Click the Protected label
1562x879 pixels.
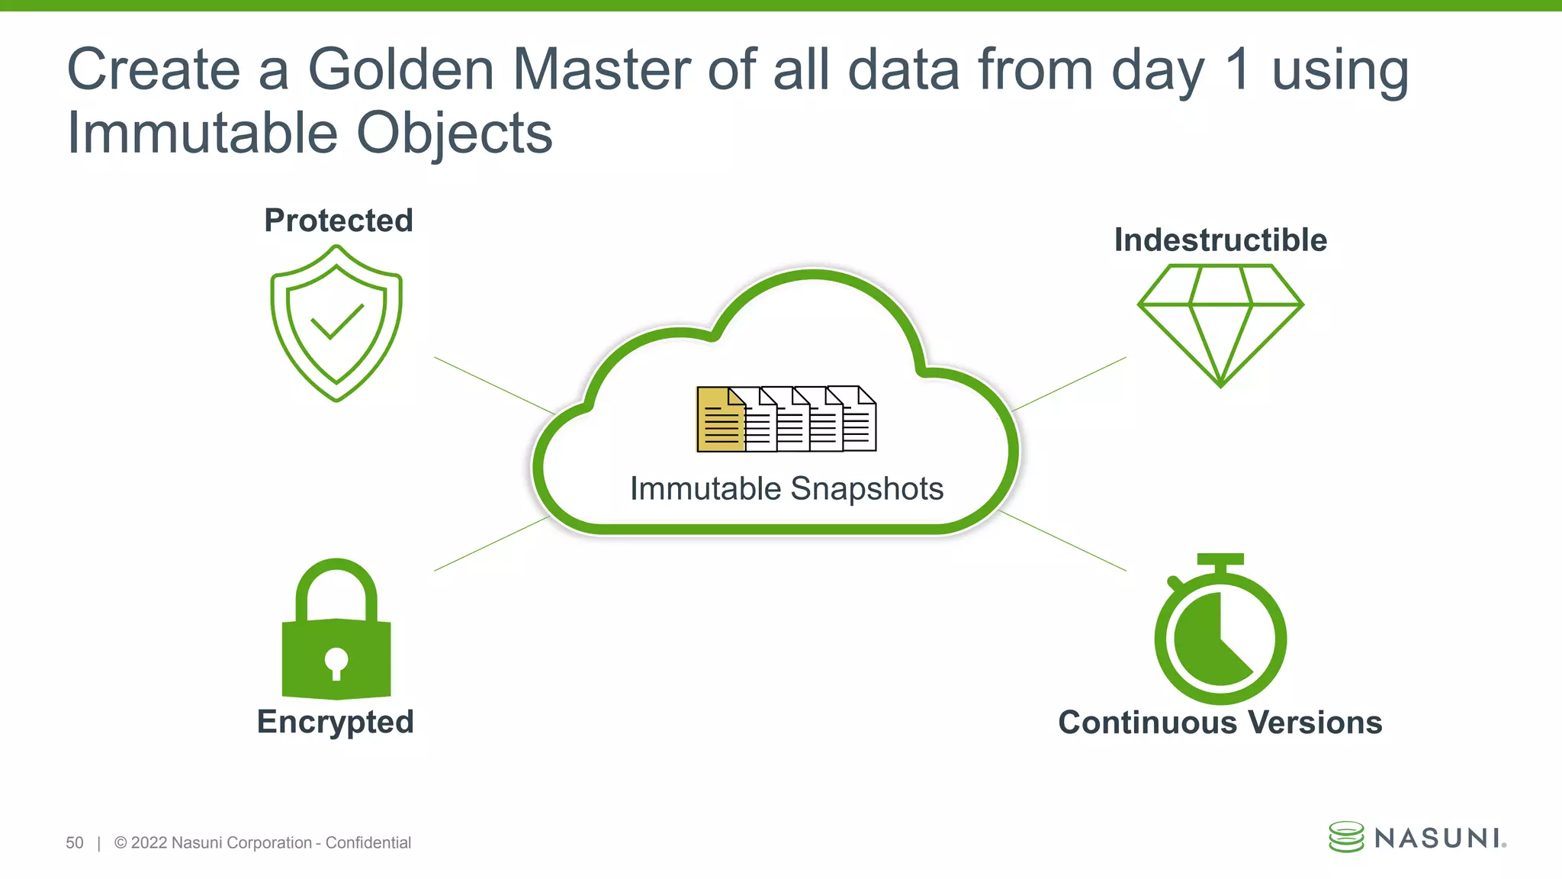coord(339,221)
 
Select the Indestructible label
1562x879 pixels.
coord(1220,240)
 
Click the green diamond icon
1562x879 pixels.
coord(1220,324)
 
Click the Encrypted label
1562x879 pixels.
coord(336,722)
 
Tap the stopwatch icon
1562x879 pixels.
coord(1220,633)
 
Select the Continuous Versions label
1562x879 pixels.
coord(1220,723)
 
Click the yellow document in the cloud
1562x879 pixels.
coord(719,420)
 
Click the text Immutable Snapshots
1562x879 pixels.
coord(786,488)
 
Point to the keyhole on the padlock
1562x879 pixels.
coord(336,662)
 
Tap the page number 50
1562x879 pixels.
coord(75,842)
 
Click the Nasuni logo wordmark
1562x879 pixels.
coord(1438,838)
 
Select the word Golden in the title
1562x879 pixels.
coord(401,69)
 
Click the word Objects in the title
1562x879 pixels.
coord(455,134)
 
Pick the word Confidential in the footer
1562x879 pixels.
coord(368,842)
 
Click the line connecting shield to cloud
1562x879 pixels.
coord(494,385)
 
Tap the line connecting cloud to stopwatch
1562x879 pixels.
coord(1062,541)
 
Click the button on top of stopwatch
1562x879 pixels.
coord(1220,560)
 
